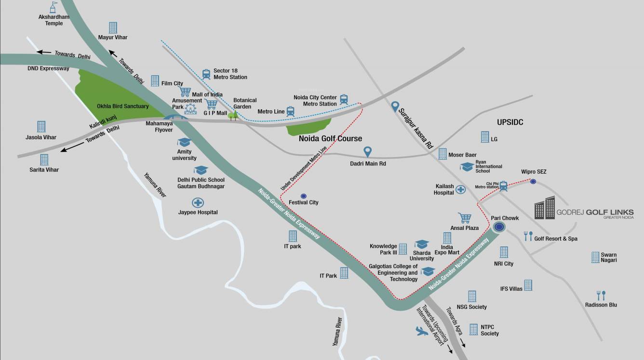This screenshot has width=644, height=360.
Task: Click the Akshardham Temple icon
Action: (x=54, y=7)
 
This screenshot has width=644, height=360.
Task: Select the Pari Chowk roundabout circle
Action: (x=500, y=227)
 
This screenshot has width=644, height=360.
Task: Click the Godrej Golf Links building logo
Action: (x=545, y=208)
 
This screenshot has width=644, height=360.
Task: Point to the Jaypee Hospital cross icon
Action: (x=197, y=202)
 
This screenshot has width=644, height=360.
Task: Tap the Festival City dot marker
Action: (x=303, y=196)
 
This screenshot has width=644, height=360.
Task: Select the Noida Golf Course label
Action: (x=330, y=139)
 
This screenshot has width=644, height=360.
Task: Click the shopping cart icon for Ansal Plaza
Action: (x=464, y=218)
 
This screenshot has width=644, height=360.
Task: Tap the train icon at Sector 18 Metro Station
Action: (x=206, y=74)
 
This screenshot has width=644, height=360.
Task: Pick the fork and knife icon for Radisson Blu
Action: (x=601, y=295)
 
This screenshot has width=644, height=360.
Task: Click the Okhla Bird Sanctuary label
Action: (x=122, y=106)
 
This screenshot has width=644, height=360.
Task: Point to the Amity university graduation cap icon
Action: (x=184, y=142)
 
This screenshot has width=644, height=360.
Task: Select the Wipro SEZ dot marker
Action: (x=533, y=181)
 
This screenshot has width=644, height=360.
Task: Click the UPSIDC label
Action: (x=510, y=122)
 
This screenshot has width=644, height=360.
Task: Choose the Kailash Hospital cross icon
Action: (x=461, y=189)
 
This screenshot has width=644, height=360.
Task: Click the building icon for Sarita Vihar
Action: (x=44, y=160)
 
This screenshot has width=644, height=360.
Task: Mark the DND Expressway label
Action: (x=48, y=68)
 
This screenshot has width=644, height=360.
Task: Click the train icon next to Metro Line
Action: (x=290, y=111)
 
